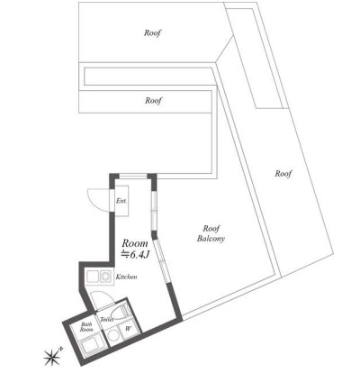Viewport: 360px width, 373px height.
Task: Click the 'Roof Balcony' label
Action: coord(211,233)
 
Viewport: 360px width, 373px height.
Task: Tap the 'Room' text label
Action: coord(134,243)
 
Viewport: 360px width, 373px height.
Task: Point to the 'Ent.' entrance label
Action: coord(121,201)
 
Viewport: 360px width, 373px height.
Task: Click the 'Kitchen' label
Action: coord(125,277)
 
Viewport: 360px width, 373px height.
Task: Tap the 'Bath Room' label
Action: coord(86,327)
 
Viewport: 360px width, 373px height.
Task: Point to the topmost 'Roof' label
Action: coord(152,33)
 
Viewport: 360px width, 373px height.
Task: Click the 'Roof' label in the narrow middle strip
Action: coord(152,101)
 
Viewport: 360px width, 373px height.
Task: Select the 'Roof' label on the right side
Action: coord(283,172)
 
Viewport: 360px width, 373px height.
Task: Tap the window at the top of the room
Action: coord(134,175)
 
